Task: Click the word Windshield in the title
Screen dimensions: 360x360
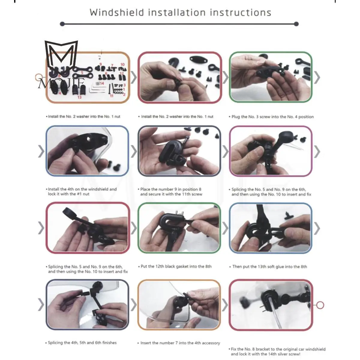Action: click(117, 13)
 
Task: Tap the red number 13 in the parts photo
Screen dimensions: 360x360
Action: click(79, 97)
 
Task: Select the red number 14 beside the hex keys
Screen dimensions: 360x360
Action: click(102, 83)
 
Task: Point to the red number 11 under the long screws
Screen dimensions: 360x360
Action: click(112, 96)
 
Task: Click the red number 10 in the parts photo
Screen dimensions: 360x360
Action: click(122, 64)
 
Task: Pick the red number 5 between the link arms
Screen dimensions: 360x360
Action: click(82, 73)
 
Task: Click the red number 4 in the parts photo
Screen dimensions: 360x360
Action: click(60, 93)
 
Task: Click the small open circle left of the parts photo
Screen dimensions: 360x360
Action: click(38, 77)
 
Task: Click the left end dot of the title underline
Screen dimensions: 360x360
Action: click(62, 24)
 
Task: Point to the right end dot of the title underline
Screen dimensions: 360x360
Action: click(296, 24)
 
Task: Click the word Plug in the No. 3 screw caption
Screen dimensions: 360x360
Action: click(236, 117)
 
